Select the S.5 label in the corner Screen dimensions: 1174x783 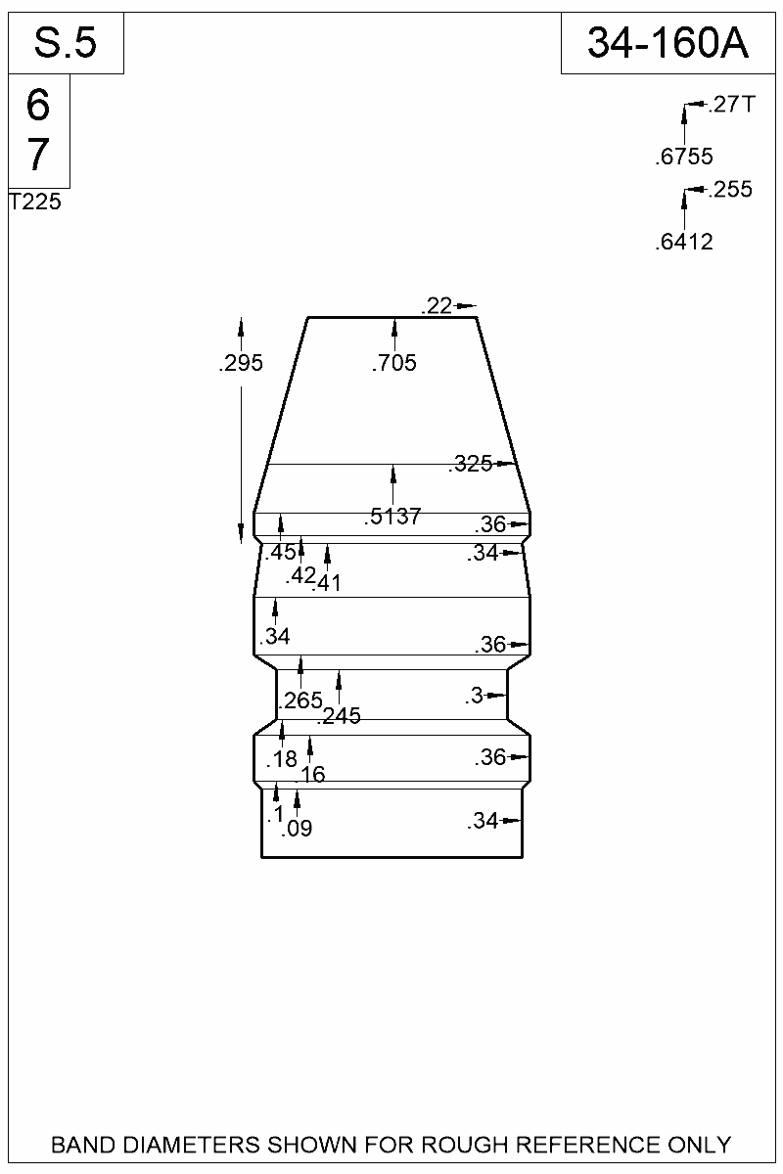click(66, 43)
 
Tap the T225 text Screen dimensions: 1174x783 click(34, 203)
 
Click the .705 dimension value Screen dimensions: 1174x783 click(394, 364)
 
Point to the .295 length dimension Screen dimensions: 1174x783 click(242, 364)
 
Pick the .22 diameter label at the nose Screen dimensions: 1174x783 click(437, 306)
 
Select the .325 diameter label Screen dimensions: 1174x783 click(473, 465)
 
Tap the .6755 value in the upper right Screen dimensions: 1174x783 click(684, 157)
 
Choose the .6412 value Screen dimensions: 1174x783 click(684, 243)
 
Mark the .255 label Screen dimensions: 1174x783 click(732, 190)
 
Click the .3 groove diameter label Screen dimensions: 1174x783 click(475, 697)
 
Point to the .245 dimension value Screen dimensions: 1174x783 click(339, 716)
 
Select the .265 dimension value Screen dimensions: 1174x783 click(300, 700)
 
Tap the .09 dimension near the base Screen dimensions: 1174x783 click(297, 830)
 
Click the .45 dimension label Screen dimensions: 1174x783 click(281, 553)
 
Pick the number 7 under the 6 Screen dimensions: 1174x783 click(38, 155)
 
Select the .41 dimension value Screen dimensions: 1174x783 click(326, 584)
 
